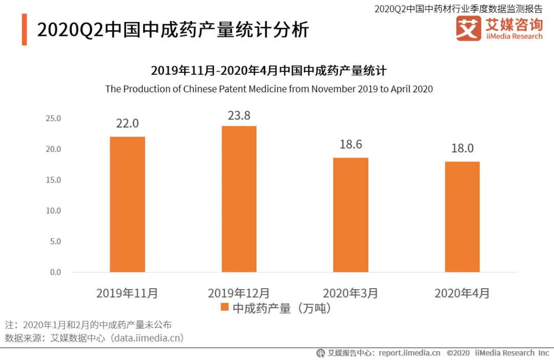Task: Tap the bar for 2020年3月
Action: [x=351, y=215]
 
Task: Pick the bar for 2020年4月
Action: [x=462, y=217]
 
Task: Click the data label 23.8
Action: [x=239, y=115]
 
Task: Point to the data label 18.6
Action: [x=351, y=144]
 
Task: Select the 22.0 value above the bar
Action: [x=127, y=124]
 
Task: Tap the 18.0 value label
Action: [x=462, y=148]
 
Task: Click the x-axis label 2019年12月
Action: [x=239, y=293]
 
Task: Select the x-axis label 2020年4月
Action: [x=462, y=293]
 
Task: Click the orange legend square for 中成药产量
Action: [x=224, y=308]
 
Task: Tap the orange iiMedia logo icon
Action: [x=468, y=29]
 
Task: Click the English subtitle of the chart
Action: [x=269, y=89]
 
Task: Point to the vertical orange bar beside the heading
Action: [x=24, y=30]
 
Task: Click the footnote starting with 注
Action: [x=88, y=325]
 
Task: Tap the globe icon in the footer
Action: [x=321, y=353]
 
